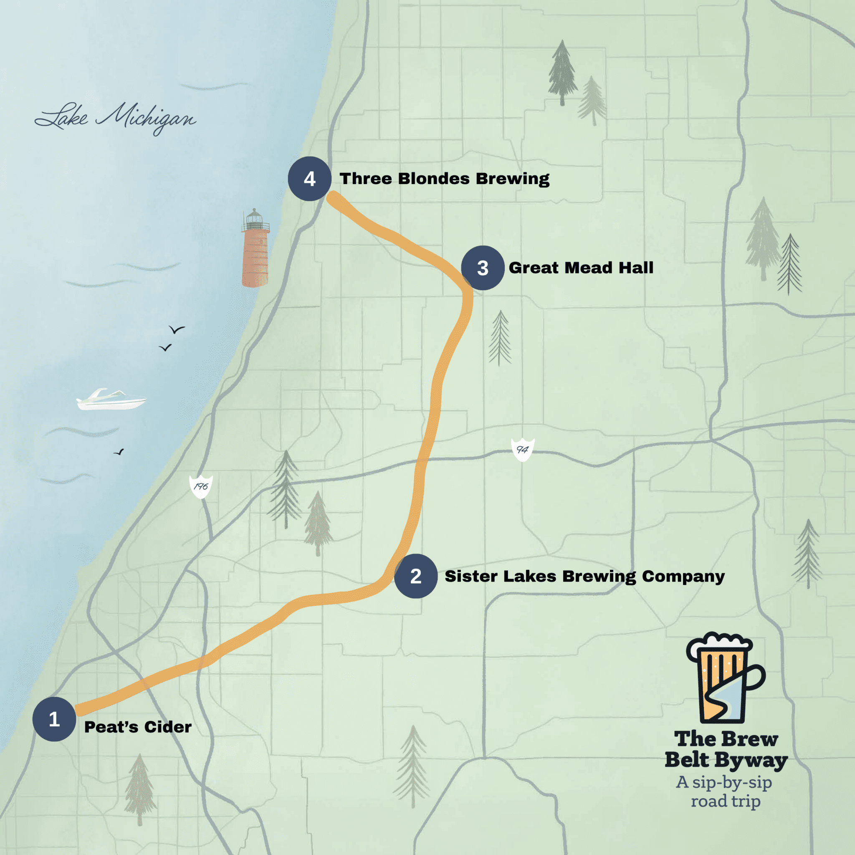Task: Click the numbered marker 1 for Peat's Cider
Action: [54, 719]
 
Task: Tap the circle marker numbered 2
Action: [415, 576]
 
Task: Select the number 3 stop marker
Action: [482, 268]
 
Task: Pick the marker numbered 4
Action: [309, 179]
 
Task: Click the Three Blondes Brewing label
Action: [444, 179]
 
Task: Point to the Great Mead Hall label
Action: [581, 268]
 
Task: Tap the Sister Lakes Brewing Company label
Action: [584, 576]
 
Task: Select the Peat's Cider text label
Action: [138, 727]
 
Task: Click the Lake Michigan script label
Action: [116, 119]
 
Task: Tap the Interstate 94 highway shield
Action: [522, 450]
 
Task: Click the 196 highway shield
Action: [201, 486]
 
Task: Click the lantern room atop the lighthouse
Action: [255, 218]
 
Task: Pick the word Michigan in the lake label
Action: [146, 119]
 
